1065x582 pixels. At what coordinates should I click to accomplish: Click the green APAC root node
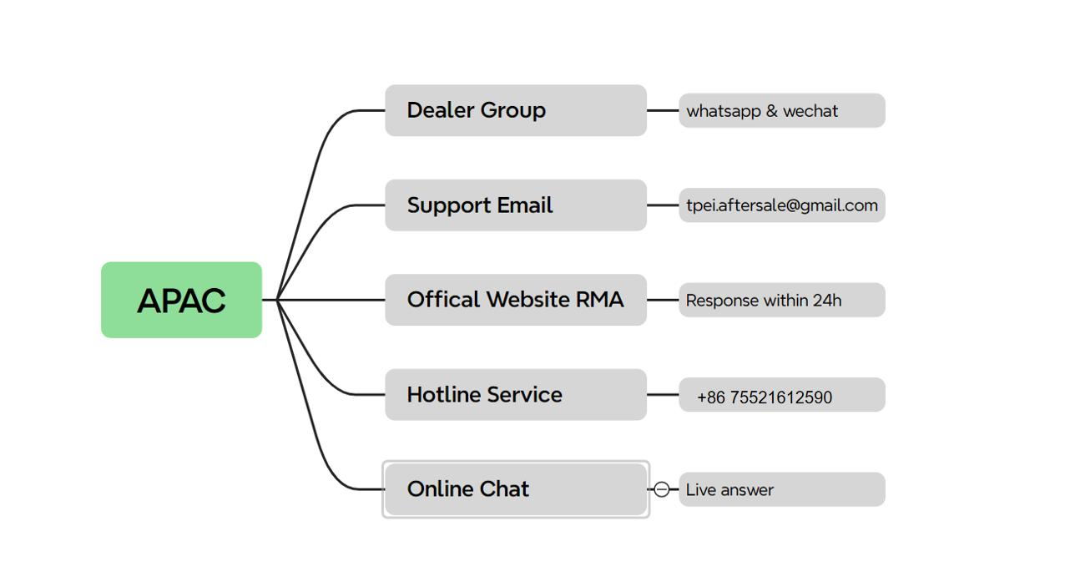181,300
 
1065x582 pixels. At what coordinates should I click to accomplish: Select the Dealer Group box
516,110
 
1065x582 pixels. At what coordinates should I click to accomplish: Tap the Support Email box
516,205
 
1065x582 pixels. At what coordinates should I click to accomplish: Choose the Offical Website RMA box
516,300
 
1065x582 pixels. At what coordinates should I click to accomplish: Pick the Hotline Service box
516,395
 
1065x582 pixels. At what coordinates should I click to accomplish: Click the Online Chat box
516,489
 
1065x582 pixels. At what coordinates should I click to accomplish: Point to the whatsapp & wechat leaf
782,110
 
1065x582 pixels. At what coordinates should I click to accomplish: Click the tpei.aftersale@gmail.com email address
782,205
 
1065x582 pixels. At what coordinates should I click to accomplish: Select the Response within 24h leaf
782,300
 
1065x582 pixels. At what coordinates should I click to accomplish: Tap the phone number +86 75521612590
765,397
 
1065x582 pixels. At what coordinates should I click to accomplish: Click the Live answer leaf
782,489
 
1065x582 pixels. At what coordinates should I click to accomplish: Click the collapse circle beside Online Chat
661,489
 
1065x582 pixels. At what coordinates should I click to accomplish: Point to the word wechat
810,111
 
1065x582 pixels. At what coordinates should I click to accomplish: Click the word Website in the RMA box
527,300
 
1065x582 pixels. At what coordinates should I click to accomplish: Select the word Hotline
444,395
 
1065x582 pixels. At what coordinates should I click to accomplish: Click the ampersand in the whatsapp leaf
772,111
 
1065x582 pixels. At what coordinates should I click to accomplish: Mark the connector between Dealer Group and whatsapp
663,110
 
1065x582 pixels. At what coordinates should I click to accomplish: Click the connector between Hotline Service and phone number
663,395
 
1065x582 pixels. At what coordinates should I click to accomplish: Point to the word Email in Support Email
525,205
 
